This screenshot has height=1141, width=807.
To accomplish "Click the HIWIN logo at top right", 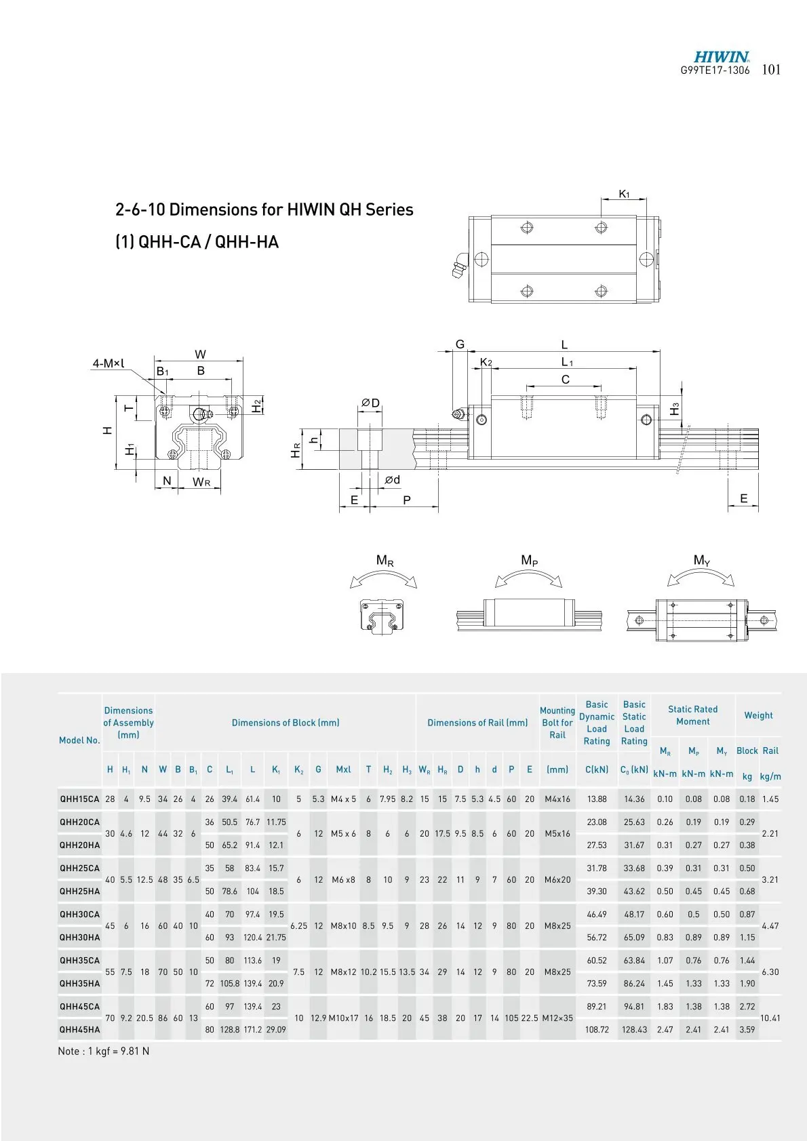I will [721, 58].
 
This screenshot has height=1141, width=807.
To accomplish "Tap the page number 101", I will [772, 70].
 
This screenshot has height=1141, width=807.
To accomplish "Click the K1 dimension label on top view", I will [624, 195].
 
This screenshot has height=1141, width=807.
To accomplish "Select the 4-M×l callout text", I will [109, 364].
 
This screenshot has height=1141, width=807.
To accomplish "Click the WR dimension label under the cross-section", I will [202, 482].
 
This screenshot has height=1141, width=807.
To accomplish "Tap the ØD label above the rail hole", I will [370, 403].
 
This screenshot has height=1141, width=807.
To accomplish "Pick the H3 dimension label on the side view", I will [674, 409].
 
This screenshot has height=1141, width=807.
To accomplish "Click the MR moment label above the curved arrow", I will [385, 561].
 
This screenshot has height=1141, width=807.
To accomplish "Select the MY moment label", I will [702, 561].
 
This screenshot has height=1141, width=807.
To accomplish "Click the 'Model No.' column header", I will [79, 740].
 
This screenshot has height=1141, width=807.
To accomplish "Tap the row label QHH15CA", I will [79, 799].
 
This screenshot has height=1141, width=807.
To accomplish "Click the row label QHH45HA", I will [79, 1030].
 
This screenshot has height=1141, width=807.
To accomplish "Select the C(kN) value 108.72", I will [597, 1030].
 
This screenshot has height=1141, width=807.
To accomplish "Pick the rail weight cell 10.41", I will [770, 1018].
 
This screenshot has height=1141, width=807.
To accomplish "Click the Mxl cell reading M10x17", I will [343, 1018].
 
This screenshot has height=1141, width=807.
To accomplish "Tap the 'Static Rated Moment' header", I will [692, 715].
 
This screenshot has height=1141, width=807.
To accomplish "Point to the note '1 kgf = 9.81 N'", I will [103, 1052].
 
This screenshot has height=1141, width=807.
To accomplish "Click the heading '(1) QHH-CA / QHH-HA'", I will [197, 242].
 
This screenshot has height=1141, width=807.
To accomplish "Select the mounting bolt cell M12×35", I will [557, 1018].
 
